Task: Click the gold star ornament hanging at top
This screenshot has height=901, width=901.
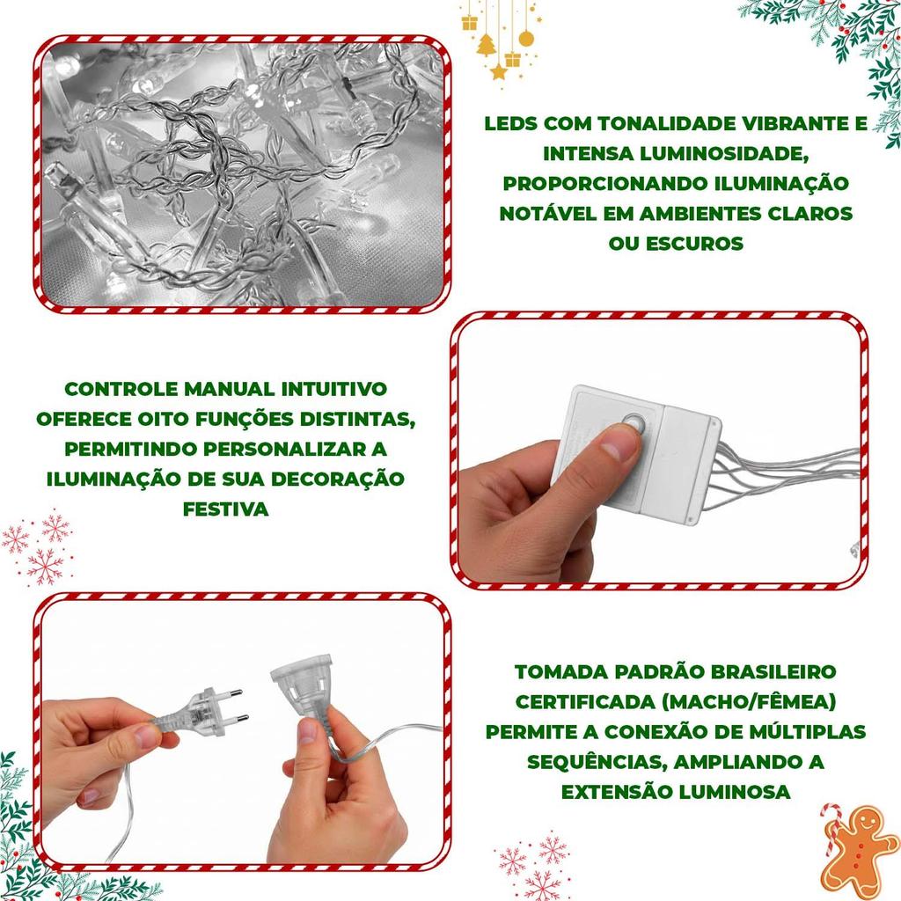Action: [x=499, y=71]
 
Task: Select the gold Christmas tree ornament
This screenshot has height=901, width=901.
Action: [x=487, y=45]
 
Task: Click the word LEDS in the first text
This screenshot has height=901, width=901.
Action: [x=511, y=123]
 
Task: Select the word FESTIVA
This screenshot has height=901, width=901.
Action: [x=226, y=509]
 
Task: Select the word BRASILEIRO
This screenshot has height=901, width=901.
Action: [x=773, y=671]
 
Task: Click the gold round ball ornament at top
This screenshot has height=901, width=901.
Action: [x=526, y=39]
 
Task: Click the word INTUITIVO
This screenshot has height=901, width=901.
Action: [x=333, y=389]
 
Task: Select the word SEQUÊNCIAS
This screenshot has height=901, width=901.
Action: [x=597, y=763]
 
